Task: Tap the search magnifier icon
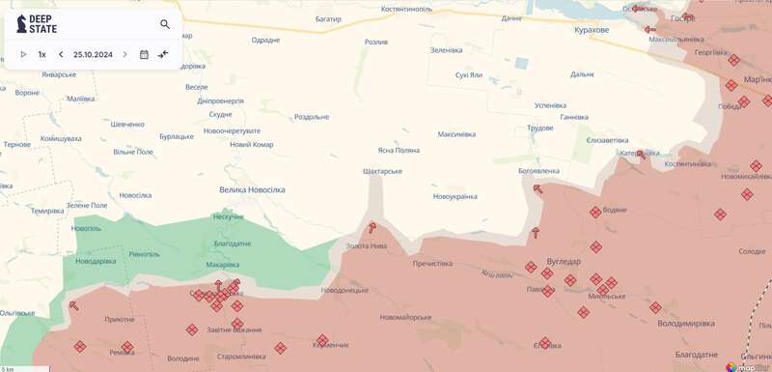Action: click(165, 25)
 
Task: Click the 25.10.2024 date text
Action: click(93, 55)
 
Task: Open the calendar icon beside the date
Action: click(144, 55)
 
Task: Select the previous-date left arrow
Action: click(61, 55)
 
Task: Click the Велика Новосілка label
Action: click(252, 190)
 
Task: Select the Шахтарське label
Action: click(382, 171)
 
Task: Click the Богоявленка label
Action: click(538, 171)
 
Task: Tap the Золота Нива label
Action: click(367, 245)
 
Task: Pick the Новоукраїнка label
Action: click(455, 197)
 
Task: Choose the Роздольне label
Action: click(312, 117)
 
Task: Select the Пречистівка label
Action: click(432, 263)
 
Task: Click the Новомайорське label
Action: click(405, 318)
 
